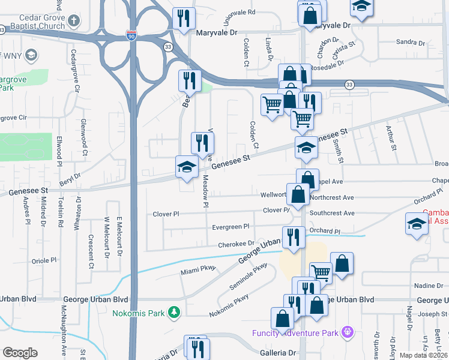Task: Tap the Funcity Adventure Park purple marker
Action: [346, 331]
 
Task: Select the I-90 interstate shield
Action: [131, 35]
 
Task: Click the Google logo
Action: [20, 352]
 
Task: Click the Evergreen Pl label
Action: [231, 227]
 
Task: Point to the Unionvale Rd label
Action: [239, 12]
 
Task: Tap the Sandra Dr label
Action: [411, 42]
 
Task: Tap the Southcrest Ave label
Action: [332, 213]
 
